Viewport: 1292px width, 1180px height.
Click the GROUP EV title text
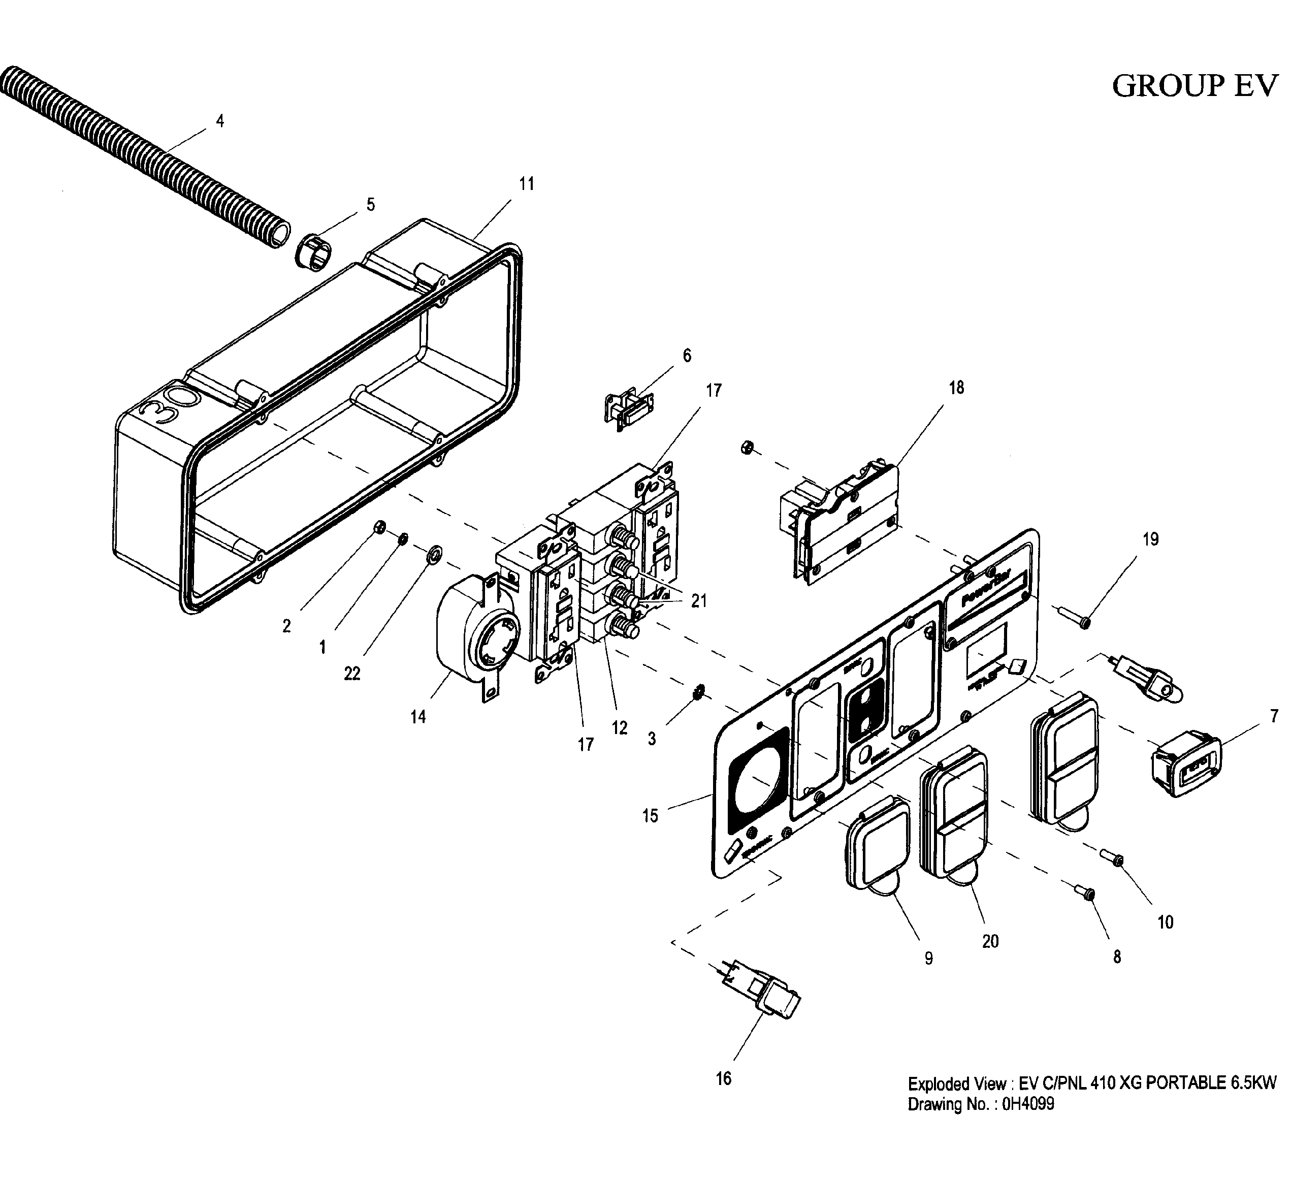click(1194, 86)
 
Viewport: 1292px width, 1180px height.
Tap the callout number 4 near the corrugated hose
click(220, 121)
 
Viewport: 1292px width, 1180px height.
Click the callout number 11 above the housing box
click(526, 184)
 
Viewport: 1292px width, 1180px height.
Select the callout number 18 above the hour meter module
click(956, 388)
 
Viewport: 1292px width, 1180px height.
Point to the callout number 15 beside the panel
click(650, 816)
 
